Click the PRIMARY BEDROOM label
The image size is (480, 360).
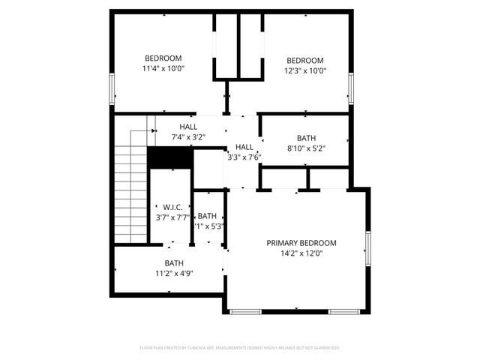pos(301,243)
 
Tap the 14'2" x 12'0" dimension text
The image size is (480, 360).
pos(301,253)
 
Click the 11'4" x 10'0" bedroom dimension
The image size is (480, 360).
pos(163,68)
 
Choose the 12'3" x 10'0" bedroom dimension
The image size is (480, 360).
pos(305,71)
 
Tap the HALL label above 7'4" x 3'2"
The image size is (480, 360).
pos(188,127)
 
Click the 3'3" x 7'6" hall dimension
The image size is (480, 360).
pos(244,157)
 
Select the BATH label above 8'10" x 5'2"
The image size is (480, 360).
pos(306,138)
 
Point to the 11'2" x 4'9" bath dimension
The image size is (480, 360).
pos(175,273)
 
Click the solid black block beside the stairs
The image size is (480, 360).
pos(169,157)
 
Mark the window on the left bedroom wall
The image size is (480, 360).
pos(112,88)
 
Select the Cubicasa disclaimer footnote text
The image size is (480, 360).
pos(240,348)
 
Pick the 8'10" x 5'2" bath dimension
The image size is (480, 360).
pos(306,148)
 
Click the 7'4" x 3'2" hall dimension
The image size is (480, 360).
pos(188,137)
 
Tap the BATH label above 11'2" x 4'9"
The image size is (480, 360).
pos(175,262)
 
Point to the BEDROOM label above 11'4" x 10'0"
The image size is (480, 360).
pos(163,58)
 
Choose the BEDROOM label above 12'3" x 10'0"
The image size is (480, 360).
pos(305,61)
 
